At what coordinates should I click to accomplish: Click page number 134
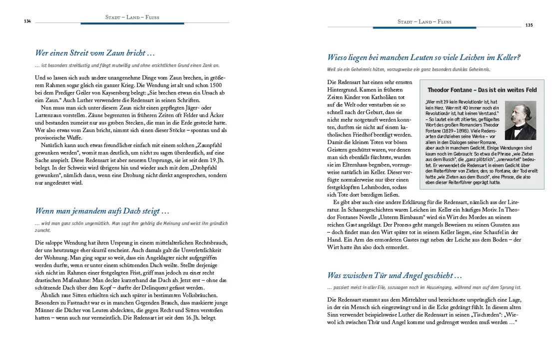[27, 21]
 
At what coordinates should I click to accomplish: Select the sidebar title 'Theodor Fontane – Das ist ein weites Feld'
[482, 90]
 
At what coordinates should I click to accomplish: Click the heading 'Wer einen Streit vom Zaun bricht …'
[95, 53]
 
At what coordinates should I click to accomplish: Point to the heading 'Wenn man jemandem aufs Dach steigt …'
[102, 211]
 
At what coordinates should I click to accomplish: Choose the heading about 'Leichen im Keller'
[424, 57]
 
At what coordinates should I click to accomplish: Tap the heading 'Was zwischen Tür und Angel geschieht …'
[395, 275]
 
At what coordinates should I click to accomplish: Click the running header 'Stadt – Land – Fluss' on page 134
[132, 17]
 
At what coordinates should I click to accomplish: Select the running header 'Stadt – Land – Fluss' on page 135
[424, 21]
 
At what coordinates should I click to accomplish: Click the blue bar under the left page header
[132, 23]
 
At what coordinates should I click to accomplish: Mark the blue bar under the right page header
[424, 27]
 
